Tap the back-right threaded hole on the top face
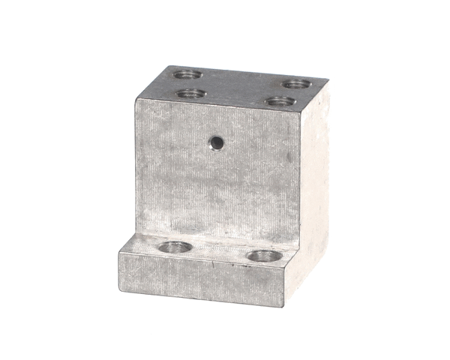[297, 83]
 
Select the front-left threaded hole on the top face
[192, 94]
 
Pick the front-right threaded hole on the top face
[280, 100]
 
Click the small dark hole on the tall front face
[216, 141]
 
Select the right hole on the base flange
[264, 256]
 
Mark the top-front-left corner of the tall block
[136, 100]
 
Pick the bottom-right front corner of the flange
[284, 307]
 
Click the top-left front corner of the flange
[119, 251]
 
